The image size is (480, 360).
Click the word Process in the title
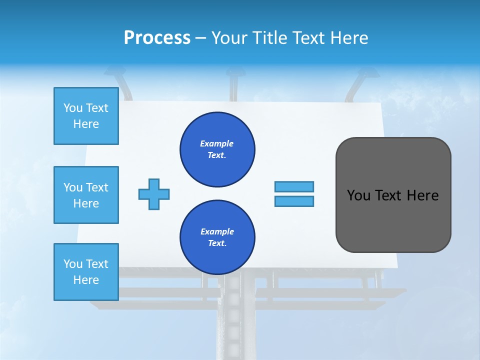(x=157, y=38)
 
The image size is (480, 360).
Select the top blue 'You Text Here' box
(x=86, y=116)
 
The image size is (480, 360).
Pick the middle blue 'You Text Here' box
(x=86, y=195)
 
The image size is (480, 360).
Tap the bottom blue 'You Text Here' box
(x=86, y=272)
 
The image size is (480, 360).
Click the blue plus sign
(x=154, y=194)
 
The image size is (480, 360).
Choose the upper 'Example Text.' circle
(x=217, y=149)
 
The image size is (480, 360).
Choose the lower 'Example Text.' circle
(x=217, y=237)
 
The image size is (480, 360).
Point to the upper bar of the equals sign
(x=294, y=186)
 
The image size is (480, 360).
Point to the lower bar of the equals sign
(x=294, y=201)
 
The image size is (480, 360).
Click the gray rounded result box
(x=393, y=220)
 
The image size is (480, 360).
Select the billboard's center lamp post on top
(x=233, y=85)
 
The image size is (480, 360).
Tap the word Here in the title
(x=350, y=38)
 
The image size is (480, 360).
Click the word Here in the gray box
(x=423, y=195)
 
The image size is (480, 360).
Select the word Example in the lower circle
(x=217, y=231)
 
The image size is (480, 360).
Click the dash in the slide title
(x=201, y=38)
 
